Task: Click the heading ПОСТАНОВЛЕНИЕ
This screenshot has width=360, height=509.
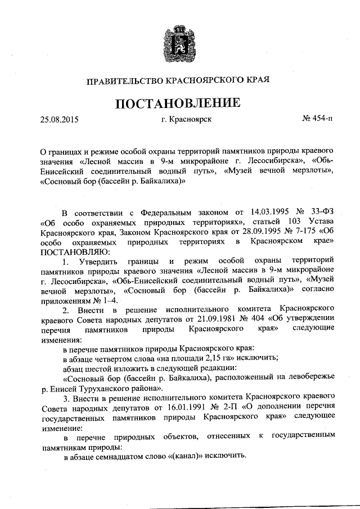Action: [x=179, y=103]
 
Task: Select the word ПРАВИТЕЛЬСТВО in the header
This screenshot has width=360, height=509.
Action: [x=123, y=80]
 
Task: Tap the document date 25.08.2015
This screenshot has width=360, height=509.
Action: [x=60, y=119]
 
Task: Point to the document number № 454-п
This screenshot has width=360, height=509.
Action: [x=317, y=119]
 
